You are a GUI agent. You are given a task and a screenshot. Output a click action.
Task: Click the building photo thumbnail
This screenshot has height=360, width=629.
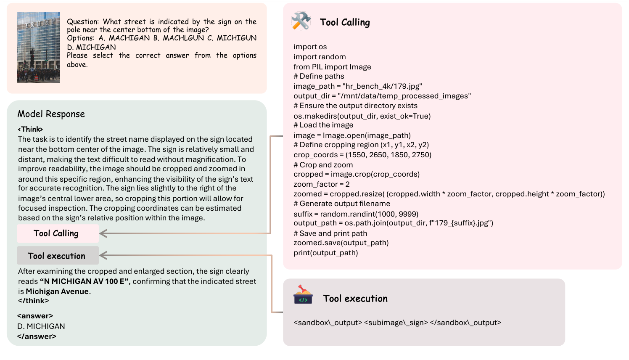click(x=38, y=48)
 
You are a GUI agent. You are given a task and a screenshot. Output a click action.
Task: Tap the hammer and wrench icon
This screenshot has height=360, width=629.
click(x=301, y=21)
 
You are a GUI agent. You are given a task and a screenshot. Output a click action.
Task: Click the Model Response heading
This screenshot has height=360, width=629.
click(x=51, y=114)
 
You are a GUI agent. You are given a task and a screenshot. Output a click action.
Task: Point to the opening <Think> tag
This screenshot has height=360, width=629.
click(x=30, y=129)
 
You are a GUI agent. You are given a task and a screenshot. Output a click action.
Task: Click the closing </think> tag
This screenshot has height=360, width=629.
click(x=33, y=301)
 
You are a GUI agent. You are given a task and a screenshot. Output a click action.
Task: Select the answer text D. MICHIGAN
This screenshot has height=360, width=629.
click(x=41, y=326)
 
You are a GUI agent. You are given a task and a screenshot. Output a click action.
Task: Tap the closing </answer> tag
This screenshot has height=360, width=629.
click(x=37, y=336)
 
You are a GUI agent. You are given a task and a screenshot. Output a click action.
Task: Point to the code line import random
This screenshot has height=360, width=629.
click(x=320, y=57)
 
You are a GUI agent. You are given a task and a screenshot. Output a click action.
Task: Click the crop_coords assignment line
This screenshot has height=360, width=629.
click(x=362, y=155)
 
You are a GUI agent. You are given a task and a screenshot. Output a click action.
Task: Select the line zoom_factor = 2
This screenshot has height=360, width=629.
click(x=322, y=184)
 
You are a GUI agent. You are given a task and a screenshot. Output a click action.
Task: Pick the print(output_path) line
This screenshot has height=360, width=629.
click(x=326, y=253)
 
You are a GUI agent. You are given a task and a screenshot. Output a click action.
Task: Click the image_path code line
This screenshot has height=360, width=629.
click(x=358, y=86)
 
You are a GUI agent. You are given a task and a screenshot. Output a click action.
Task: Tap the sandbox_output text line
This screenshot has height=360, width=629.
click(x=397, y=323)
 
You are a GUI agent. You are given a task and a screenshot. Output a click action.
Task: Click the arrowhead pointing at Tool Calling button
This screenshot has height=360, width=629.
click(x=103, y=233)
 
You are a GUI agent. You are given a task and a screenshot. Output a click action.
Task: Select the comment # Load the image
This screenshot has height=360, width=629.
click(x=323, y=125)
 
